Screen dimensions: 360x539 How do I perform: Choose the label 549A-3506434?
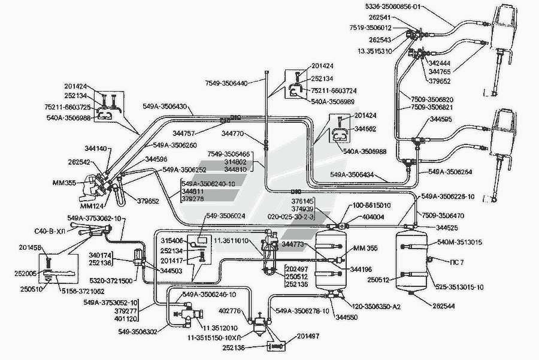click(x=359, y=175)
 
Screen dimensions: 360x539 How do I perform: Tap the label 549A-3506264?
click(x=450, y=173)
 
